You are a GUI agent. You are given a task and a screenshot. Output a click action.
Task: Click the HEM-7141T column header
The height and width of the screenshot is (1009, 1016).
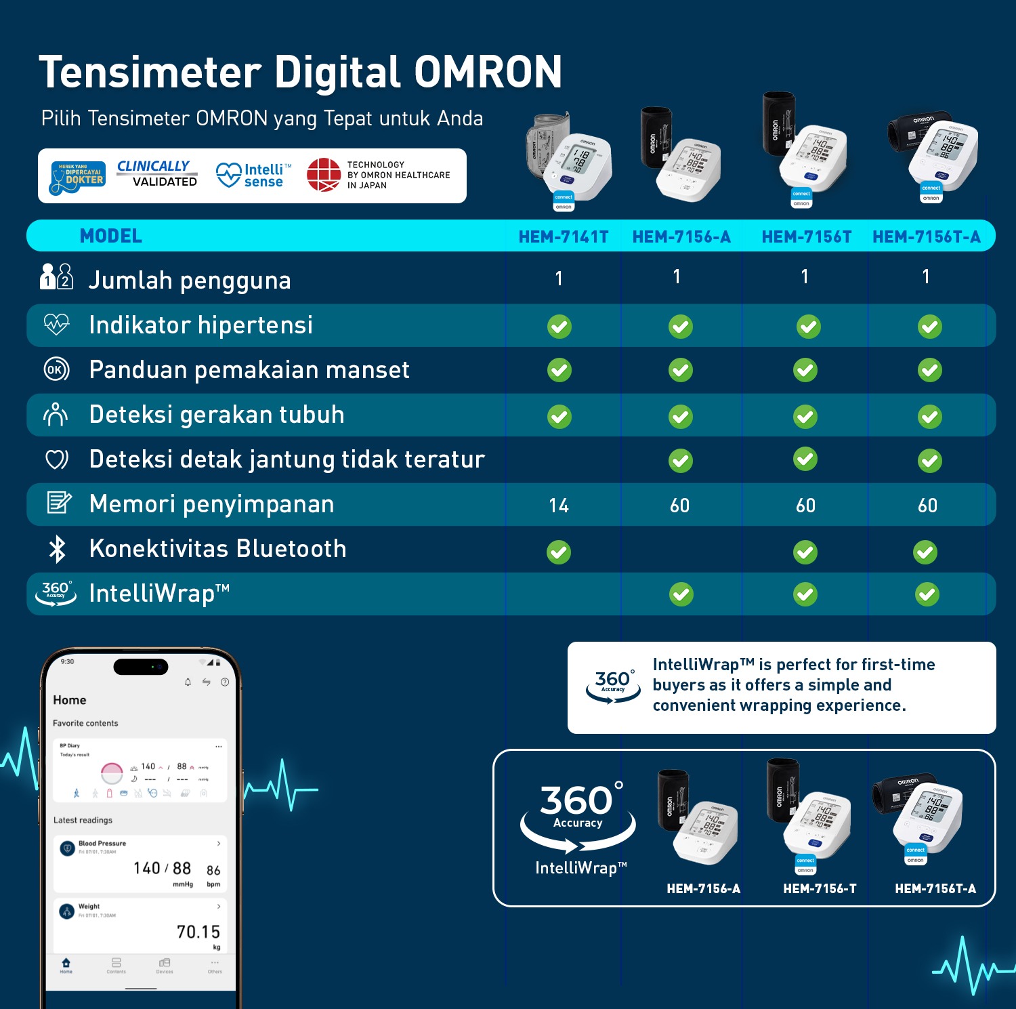[x=563, y=236]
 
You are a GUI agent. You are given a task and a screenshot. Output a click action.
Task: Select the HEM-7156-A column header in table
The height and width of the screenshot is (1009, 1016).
[x=681, y=236]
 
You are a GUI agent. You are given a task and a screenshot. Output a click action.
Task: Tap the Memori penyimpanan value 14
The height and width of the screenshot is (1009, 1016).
[x=559, y=506]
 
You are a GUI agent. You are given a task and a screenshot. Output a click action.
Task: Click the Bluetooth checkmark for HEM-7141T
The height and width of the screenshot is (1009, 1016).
[x=559, y=552]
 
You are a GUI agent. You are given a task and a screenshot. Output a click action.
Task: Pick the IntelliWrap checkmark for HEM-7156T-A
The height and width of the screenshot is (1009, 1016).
[x=927, y=595]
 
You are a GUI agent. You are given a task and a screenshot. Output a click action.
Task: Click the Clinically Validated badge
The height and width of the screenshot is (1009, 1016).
[x=156, y=174]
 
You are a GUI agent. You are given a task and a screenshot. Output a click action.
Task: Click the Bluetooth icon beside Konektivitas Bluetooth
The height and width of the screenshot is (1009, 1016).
[x=57, y=549]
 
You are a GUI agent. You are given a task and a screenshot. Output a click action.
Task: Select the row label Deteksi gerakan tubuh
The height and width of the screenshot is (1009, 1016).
[x=217, y=415]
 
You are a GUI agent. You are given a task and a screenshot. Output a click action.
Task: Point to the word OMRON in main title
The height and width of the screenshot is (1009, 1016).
[x=488, y=73]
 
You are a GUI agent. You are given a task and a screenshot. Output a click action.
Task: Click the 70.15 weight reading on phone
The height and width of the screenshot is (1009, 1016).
[x=198, y=932]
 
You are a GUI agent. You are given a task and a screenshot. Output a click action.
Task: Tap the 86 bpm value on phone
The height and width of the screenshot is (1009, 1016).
[x=213, y=870]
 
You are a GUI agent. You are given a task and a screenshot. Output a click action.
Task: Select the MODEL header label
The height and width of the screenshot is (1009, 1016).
[x=111, y=236]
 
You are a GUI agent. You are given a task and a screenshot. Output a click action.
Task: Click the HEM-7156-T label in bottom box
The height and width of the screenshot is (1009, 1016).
[x=820, y=888]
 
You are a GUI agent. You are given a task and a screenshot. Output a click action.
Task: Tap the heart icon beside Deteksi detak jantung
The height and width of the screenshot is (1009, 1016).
[x=56, y=459]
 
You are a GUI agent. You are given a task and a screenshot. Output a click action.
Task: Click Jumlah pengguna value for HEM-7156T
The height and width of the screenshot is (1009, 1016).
[x=805, y=276]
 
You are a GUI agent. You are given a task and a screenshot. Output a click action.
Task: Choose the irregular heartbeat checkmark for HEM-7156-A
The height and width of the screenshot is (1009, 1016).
[x=681, y=461]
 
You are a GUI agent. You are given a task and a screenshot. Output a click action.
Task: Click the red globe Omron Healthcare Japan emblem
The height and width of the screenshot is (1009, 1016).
[x=324, y=175]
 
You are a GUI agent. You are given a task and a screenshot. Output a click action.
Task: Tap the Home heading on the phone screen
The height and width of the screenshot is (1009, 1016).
[x=70, y=700]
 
